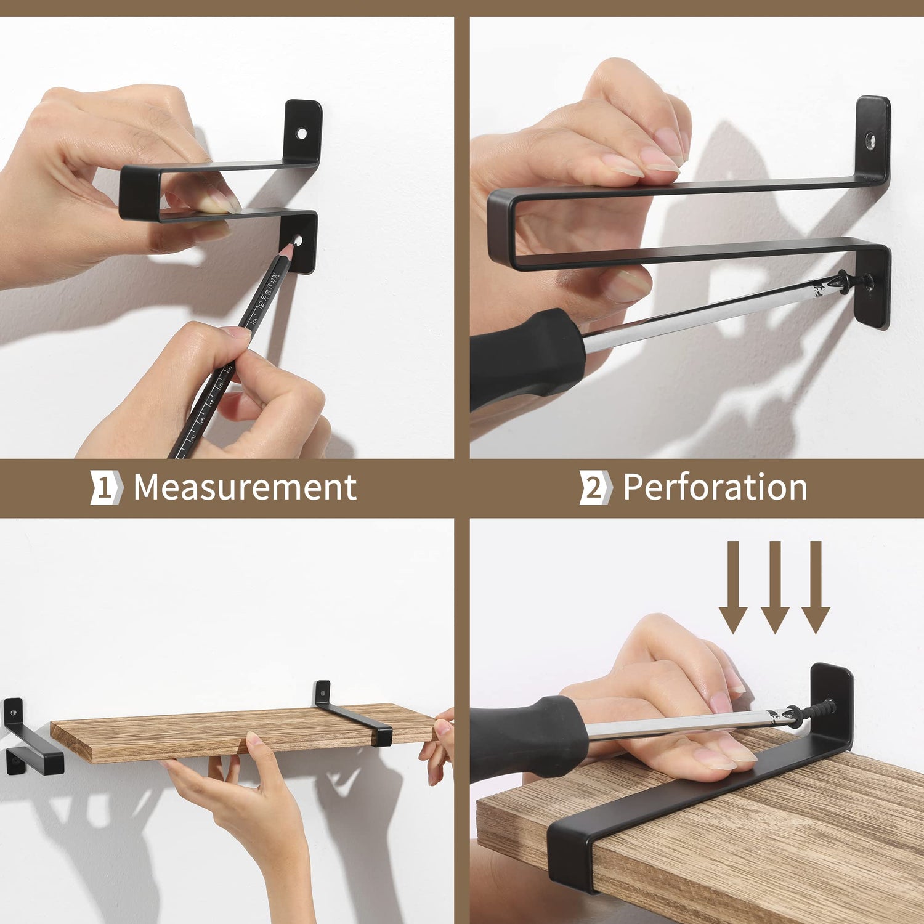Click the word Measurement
(x=245, y=487)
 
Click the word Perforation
(x=715, y=487)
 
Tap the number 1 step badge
(x=107, y=488)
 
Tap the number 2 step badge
(x=595, y=488)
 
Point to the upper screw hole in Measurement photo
(x=301, y=133)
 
